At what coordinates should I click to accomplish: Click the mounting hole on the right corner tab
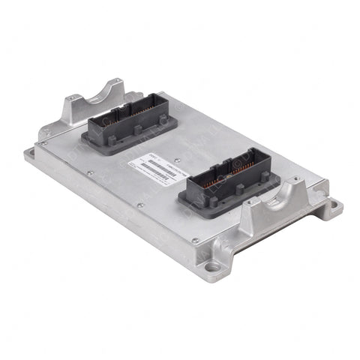tap(331, 202)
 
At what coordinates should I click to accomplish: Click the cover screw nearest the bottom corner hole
tap(194, 240)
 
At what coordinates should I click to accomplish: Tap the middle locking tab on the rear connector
tap(137, 132)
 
